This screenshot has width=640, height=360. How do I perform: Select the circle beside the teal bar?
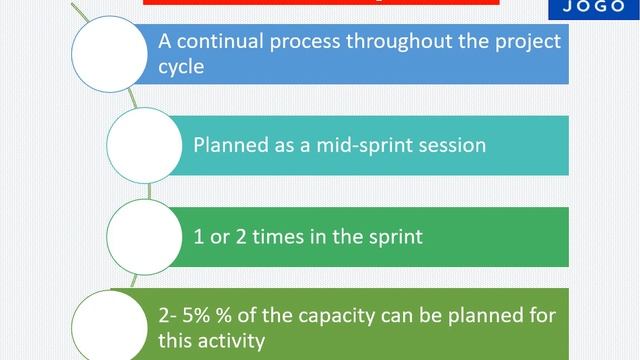pyautogui.click(x=144, y=144)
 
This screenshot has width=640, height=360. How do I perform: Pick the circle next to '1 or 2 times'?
pyautogui.click(x=144, y=236)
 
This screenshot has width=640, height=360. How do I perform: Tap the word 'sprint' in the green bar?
pyautogui.click(x=393, y=237)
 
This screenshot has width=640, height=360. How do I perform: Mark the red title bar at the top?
pyautogui.click(x=320, y=3)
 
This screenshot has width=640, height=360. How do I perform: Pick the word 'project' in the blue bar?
pyautogui.click(x=521, y=43)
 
